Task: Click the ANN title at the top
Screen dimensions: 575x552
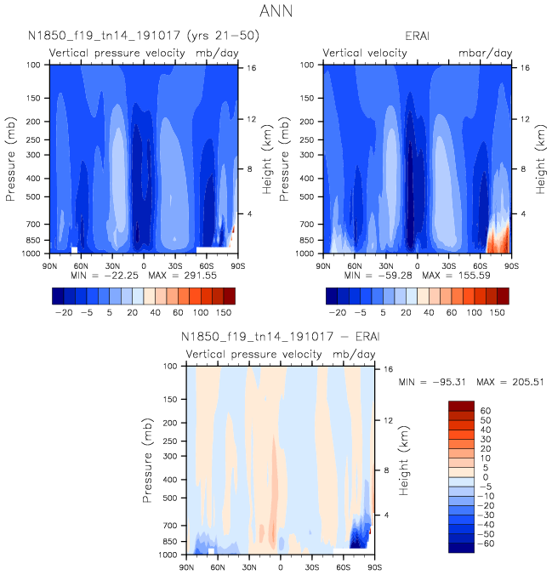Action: click(x=276, y=12)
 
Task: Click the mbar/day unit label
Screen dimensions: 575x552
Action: click(x=486, y=53)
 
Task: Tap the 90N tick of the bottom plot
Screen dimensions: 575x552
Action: click(x=187, y=566)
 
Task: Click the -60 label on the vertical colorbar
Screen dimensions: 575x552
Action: click(x=475, y=543)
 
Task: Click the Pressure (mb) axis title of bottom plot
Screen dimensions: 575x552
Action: click(x=148, y=460)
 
